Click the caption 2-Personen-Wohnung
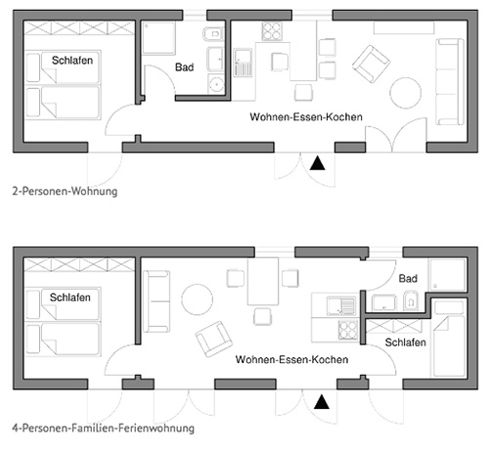click(65, 191)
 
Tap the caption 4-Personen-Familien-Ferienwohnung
click(104, 428)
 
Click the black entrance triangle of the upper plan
click(317, 163)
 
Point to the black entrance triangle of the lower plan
click(322, 402)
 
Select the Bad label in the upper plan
click(185, 68)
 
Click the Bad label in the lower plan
click(408, 279)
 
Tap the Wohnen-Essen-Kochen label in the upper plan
click(306, 116)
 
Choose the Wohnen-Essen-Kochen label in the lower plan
click(291, 359)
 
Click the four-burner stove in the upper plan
click(272, 31)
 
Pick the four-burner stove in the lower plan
click(348, 330)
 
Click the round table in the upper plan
click(406, 93)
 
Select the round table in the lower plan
click(198, 299)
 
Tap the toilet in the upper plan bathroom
click(213, 34)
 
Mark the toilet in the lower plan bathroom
click(411, 301)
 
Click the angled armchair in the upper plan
click(371, 64)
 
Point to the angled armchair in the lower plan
click(214, 338)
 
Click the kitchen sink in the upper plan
click(243, 63)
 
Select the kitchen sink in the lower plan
click(341, 306)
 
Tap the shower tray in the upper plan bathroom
click(158, 38)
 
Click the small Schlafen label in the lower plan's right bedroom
click(405, 342)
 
